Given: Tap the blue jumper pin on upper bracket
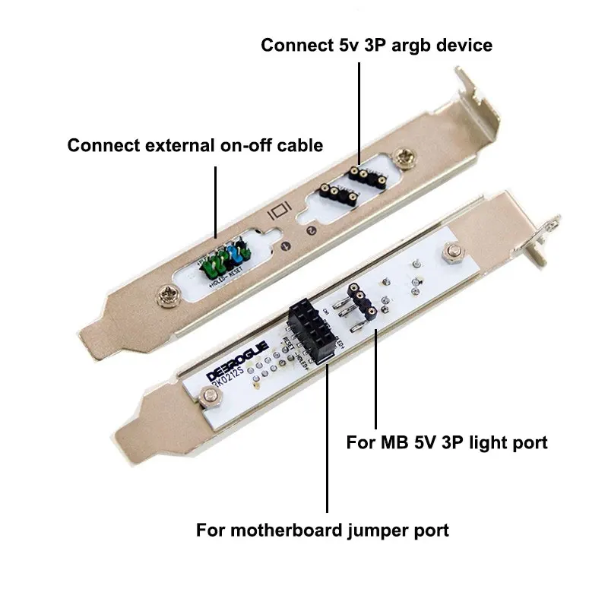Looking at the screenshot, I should point(234,255).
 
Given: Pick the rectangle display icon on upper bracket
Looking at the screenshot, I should point(278,208).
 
